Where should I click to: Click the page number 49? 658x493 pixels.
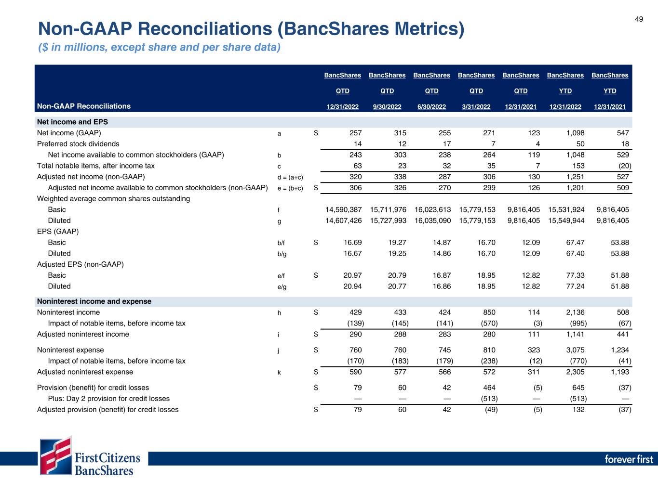point(639,19)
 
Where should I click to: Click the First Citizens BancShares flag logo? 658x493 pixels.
point(56,455)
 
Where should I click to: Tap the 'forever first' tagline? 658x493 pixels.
point(629,459)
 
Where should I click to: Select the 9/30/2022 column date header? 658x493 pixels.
point(387,107)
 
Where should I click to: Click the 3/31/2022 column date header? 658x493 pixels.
point(476,107)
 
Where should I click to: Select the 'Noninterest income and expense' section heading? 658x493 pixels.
point(94,301)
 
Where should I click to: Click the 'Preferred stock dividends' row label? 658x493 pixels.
point(78,144)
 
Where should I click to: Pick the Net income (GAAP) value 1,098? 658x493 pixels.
point(575,133)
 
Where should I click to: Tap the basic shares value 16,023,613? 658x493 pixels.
point(432,209)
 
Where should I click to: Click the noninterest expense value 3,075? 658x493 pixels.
point(575,350)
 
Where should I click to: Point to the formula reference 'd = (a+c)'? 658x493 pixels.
point(290,177)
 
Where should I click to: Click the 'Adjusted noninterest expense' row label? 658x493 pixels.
point(85,372)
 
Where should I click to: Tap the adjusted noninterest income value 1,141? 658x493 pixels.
point(575,334)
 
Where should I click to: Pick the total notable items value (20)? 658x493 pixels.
point(622,166)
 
